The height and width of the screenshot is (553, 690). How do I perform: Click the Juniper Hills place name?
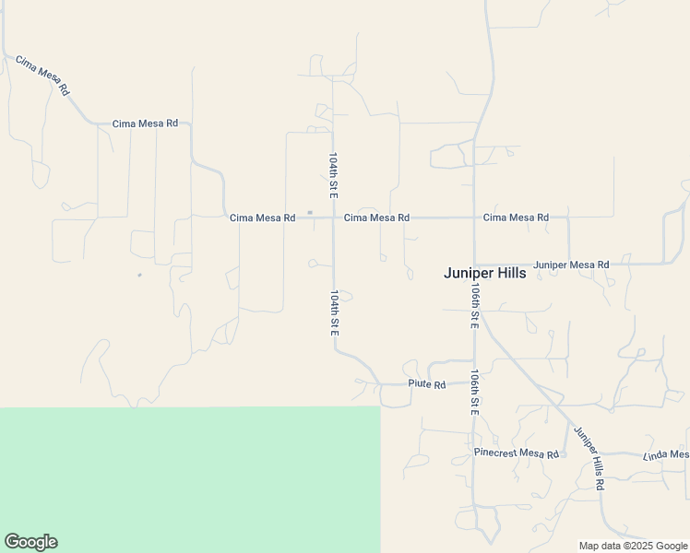click(484, 273)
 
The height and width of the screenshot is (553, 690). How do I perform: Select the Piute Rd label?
click(427, 384)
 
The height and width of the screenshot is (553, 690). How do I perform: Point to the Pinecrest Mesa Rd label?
click(517, 454)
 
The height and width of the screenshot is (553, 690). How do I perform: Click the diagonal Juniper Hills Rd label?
click(589, 458)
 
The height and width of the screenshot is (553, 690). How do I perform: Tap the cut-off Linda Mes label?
click(666, 454)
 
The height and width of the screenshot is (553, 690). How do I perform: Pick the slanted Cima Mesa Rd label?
click(42, 76)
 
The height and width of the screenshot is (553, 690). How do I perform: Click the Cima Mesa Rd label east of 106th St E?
click(516, 218)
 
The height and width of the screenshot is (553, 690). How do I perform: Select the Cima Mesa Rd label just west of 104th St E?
click(262, 218)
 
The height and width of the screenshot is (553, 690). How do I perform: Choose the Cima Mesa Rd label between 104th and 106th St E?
click(376, 218)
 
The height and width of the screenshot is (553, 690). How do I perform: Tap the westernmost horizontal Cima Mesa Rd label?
click(145, 123)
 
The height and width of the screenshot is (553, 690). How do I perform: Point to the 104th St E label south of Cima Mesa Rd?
click(334, 313)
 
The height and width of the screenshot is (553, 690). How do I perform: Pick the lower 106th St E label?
click(474, 393)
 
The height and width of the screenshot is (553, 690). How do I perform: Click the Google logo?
click(30, 542)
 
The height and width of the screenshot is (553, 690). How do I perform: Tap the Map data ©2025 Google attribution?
click(634, 546)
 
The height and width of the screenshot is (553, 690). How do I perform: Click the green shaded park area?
click(184, 479)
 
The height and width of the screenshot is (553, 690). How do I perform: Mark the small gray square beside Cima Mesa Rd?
click(310, 213)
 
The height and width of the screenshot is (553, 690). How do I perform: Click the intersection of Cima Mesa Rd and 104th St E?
click(333, 218)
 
